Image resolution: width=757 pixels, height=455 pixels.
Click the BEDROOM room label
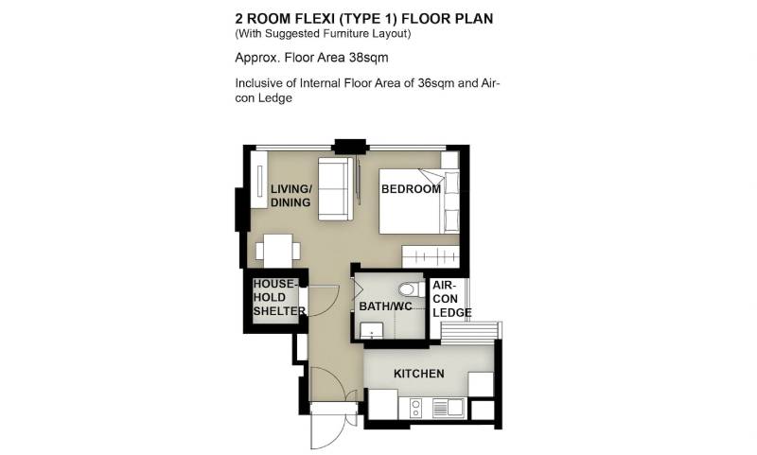pos(411,188)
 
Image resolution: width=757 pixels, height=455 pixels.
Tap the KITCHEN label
pos(418,374)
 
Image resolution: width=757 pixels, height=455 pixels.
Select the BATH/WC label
pos(385,306)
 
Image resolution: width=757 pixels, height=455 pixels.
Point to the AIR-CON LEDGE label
pos(452,299)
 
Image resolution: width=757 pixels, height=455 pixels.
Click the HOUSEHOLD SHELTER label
pos(279,297)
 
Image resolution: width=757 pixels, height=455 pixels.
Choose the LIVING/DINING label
pos(290,196)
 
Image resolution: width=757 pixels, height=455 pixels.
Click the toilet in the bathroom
pos(412,289)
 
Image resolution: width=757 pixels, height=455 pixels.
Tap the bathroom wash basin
pos(372,330)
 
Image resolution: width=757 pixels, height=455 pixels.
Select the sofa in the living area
pos(336,188)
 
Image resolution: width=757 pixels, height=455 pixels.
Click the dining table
pos(278,251)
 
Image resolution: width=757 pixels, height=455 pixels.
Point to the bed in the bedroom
pos(418,201)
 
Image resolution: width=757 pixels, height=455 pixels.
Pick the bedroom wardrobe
pos(431,256)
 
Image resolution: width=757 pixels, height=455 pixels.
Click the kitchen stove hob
pos(415,409)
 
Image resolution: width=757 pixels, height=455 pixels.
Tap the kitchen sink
pos(449,408)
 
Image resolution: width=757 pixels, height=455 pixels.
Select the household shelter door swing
pos(324,300)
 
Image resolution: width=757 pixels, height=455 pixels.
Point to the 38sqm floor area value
pos(368,58)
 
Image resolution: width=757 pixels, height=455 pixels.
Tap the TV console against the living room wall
pos(258,180)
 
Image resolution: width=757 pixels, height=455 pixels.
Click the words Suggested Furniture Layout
pos(338,34)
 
